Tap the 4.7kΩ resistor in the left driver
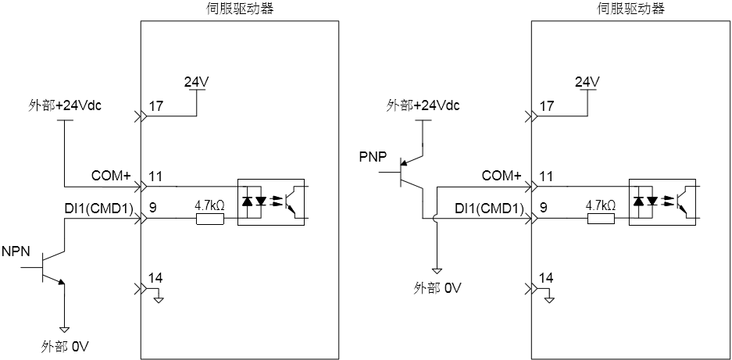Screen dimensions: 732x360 (210, 219)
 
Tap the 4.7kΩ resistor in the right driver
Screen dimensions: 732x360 (601, 219)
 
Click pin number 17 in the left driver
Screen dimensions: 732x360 (155, 106)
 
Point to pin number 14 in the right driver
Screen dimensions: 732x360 (546, 278)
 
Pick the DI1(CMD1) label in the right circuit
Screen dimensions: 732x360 (490, 208)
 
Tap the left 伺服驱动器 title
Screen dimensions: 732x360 (239, 8)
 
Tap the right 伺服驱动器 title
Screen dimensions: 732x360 (630, 8)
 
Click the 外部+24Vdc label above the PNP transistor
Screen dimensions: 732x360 (423, 105)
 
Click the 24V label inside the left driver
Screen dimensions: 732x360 (196, 82)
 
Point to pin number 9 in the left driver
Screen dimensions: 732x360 (152, 207)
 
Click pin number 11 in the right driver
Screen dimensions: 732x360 (546, 176)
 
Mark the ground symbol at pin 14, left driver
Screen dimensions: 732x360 (159, 298)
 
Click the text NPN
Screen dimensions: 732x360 (16, 251)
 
